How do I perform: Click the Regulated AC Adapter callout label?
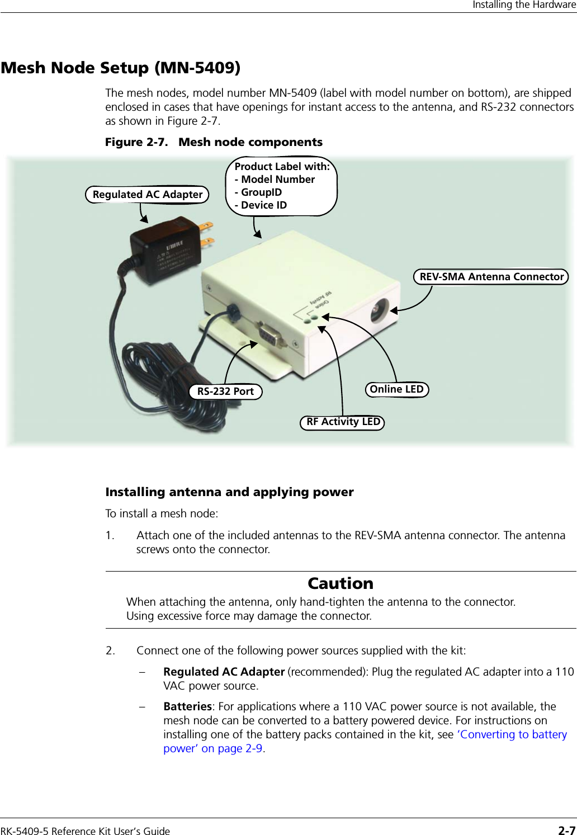147,195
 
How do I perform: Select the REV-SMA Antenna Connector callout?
491,277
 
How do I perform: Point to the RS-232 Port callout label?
225,391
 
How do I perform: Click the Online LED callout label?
397,389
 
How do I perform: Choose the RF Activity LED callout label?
343,422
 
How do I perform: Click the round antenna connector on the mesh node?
380,309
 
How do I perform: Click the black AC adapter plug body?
165,252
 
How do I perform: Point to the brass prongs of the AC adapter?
206,235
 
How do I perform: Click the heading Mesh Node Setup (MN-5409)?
121,68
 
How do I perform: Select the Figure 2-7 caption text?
214,142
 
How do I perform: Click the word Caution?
340,583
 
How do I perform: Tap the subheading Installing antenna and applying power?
229,492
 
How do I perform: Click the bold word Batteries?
187,706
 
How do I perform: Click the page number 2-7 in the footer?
566,830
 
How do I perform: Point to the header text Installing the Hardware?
524,5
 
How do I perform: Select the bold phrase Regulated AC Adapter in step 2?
224,672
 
